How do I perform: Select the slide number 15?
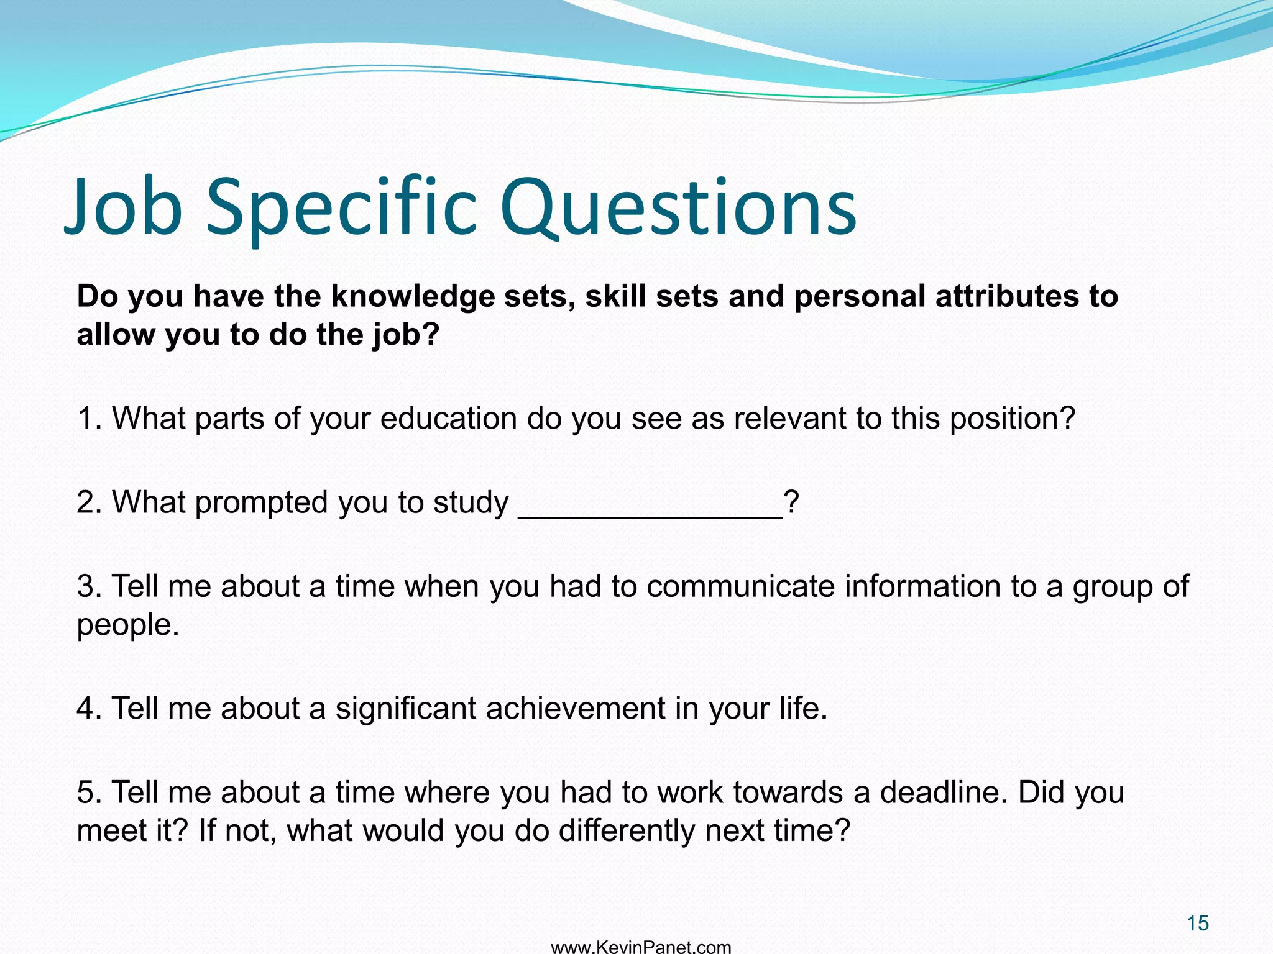1197,924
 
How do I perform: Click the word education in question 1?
448,418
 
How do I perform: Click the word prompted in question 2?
262,502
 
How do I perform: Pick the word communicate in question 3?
740,586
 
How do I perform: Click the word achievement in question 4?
576,708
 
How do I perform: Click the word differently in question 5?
626,830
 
